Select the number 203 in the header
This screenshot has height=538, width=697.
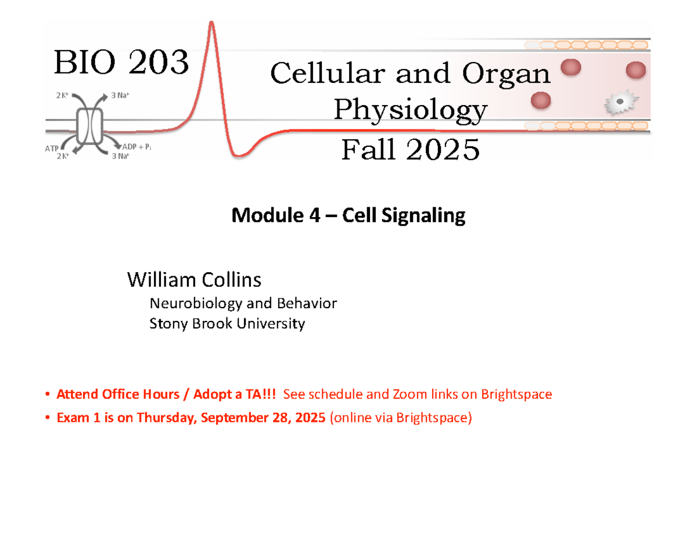tap(155, 63)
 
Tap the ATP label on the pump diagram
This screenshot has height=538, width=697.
tap(52, 149)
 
